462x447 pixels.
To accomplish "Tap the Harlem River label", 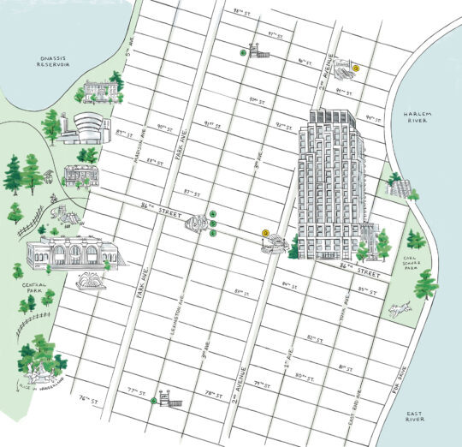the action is (422, 117).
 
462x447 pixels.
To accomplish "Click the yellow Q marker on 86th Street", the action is (265, 233).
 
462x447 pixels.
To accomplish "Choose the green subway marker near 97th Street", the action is (243, 52).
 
